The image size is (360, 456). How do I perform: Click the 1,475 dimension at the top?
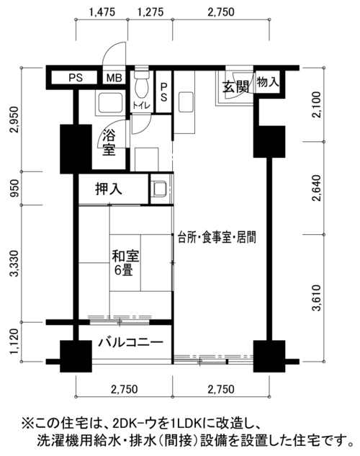[102, 12]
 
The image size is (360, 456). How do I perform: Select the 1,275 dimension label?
[150, 12]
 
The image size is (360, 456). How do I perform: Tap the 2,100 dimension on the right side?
[316, 104]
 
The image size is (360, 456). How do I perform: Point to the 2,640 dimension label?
[316, 188]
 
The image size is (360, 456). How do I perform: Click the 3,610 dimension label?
[316, 298]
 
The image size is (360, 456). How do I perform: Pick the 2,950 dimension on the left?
[14, 120]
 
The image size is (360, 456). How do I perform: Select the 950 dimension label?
[14, 188]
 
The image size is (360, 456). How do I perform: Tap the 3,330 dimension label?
[14, 264]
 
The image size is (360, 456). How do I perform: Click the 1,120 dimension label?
[14, 341]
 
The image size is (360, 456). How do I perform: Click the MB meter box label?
[114, 78]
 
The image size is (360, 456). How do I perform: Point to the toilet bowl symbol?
[142, 84]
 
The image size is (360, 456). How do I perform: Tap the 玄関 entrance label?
[235, 86]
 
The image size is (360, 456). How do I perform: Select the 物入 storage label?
[268, 82]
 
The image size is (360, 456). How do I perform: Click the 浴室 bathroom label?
[109, 143]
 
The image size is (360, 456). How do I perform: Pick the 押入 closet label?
[109, 189]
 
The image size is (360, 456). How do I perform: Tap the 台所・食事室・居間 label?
[217, 237]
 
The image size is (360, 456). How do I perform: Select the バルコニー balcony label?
[131, 342]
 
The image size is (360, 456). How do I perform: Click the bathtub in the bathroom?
[110, 103]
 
